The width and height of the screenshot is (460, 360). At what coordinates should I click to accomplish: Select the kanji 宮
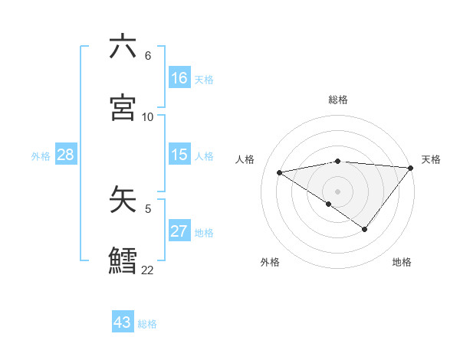pos(123,107)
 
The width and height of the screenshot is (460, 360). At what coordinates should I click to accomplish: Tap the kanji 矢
pos(123,198)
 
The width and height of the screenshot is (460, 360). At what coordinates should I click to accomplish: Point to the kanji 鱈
pos(123,259)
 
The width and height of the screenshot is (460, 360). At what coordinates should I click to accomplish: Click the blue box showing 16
pos(179,77)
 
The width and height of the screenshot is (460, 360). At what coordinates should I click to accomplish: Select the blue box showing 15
pos(179,155)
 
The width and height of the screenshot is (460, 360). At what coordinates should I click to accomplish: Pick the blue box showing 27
pos(179,231)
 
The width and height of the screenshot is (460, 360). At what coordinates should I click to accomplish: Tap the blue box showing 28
pos(65,155)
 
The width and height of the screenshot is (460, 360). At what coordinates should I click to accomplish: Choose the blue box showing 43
pos(123,322)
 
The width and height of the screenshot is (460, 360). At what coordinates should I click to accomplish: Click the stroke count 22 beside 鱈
pos(147,270)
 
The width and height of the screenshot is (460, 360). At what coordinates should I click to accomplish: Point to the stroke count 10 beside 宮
pos(148,117)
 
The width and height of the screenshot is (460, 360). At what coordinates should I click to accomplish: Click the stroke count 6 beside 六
pos(147,56)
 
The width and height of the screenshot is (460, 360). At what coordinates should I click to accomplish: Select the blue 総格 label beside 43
pos(147,324)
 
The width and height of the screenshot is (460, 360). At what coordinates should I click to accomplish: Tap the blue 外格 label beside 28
pos(41,156)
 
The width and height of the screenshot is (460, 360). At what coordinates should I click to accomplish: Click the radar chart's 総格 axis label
pos(338,100)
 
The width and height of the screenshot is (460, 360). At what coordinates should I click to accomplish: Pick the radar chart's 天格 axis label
pos(432,159)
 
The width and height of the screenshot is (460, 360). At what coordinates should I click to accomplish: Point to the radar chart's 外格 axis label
pos(270,262)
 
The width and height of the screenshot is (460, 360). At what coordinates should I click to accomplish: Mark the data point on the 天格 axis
pos(412,167)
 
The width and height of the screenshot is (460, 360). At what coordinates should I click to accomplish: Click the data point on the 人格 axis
pos(280,172)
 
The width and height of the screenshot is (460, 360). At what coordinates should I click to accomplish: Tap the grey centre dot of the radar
pos(338,191)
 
